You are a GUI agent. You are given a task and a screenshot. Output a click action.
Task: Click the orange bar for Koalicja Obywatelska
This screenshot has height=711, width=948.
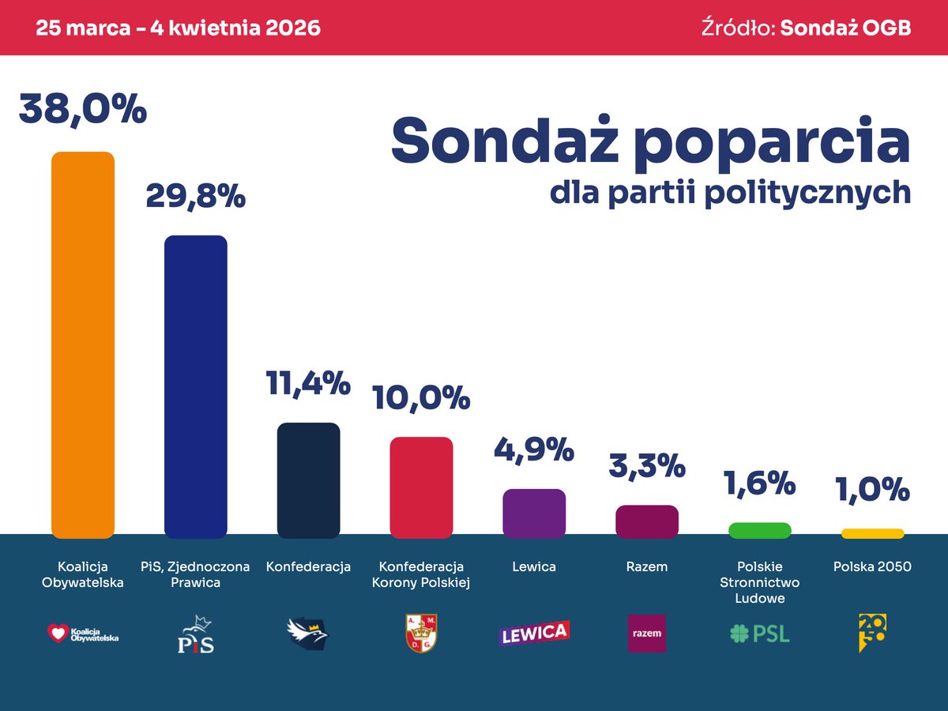[x=83, y=344]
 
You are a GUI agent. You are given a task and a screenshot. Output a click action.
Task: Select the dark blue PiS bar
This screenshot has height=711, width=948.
[x=195, y=386]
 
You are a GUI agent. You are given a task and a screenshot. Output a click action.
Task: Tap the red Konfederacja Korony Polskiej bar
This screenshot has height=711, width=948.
[x=421, y=487]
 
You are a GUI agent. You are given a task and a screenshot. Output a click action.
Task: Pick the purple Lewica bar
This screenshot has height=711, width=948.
[x=534, y=513]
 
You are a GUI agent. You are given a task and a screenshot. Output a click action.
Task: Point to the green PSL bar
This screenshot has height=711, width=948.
[x=759, y=531]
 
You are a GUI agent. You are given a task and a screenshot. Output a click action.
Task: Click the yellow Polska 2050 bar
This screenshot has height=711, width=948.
[x=872, y=533]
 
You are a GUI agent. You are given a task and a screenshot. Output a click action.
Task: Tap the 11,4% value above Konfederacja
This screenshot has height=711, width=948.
[x=308, y=384]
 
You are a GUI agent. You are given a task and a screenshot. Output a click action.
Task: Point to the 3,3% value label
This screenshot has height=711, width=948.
[x=646, y=466]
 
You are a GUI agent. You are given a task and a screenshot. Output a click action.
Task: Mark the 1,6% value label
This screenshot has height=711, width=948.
[x=759, y=483]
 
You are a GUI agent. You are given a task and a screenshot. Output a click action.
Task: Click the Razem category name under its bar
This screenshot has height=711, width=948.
[x=646, y=566]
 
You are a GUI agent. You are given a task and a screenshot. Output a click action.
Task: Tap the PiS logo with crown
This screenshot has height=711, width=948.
[x=195, y=634]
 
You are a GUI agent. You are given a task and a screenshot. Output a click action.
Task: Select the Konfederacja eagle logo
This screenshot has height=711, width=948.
[x=307, y=633]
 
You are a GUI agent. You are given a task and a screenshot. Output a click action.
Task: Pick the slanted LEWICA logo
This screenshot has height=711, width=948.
[x=534, y=633]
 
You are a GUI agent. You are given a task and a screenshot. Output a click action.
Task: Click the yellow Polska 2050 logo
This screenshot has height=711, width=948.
[x=871, y=633]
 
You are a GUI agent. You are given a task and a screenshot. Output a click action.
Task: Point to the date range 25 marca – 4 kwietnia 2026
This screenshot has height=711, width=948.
[x=179, y=28]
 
